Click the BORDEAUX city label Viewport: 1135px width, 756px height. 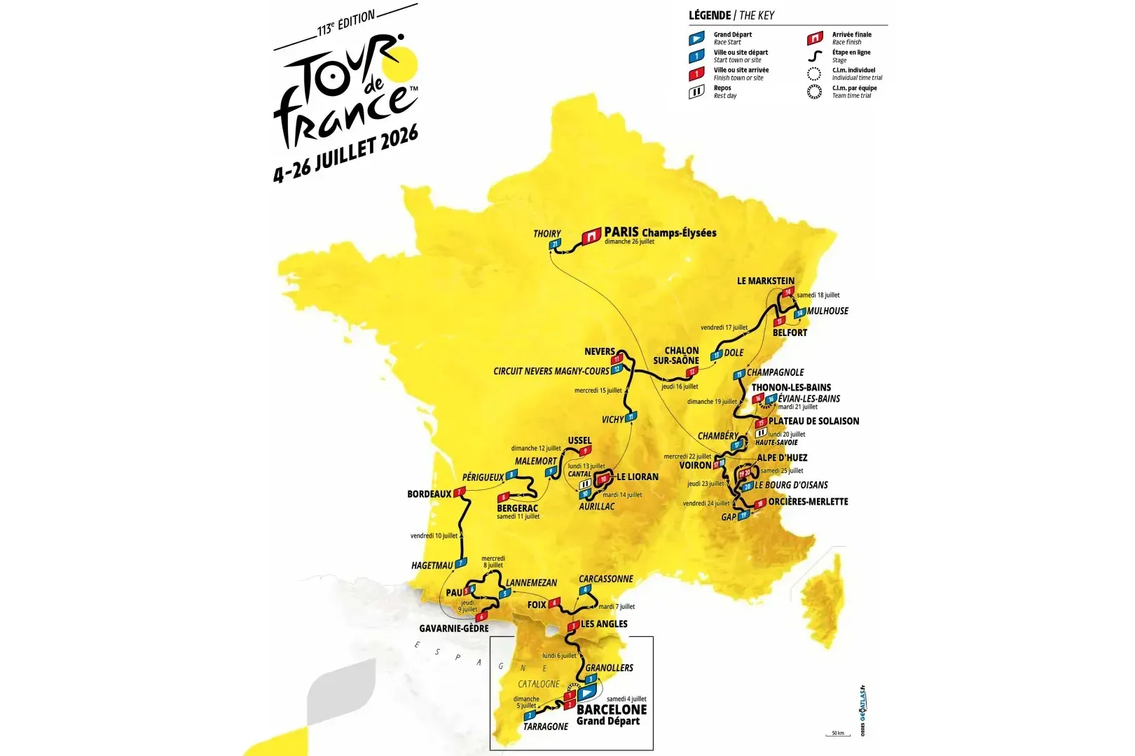click(x=429, y=494)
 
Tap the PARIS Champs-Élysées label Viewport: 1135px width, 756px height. click(x=660, y=232)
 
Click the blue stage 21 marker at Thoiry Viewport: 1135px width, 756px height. click(x=555, y=244)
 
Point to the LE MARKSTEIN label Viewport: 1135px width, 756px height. click(x=765, y=281)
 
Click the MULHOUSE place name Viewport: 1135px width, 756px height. click(x=827, y=311)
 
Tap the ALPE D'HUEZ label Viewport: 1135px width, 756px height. click(x=782, y=458)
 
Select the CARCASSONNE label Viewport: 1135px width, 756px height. click(x=605, y=579)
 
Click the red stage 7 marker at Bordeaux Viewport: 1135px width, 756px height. click(x=460, y=493)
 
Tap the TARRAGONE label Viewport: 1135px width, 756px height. click(x=546, y=727)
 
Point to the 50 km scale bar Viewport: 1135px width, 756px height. click(x=837, y=734)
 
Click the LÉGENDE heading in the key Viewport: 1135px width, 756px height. click(x=710, y=15)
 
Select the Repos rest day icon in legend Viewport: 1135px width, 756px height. click(x=696, y=92)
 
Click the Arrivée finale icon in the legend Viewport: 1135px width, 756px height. click(x=814, y=38)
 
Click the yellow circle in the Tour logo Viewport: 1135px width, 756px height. click(x=406, y=62)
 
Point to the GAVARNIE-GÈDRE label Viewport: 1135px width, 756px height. click(x=453, y=629)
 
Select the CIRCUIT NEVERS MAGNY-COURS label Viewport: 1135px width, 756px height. click(x=551, y=371)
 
